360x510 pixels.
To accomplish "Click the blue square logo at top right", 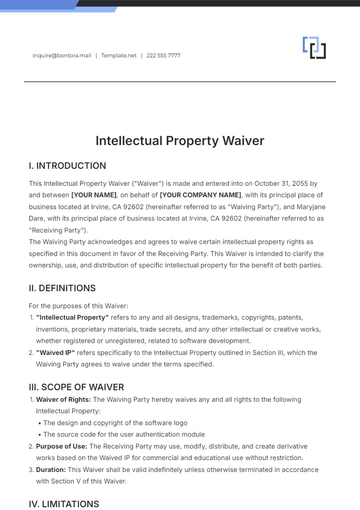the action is [315, 47].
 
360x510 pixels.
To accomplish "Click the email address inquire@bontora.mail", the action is [62, 56].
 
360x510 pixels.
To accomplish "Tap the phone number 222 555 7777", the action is [163, 56].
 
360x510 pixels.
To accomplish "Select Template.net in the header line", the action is [119, 56].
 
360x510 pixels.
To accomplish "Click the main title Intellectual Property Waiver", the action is [180, 141].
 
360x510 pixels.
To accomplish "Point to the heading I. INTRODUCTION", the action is [67, 165].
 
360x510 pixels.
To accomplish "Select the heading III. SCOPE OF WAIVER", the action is [77, 385].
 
